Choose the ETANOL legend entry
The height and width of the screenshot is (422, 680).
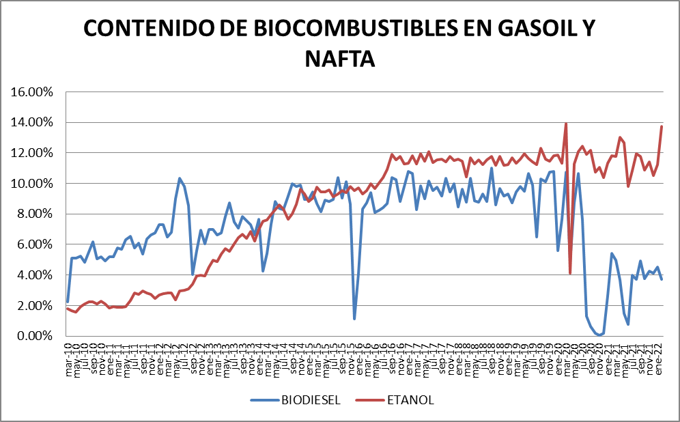pyautogui.click(x=412, y=399)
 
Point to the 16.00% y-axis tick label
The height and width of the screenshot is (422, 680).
pyautogui.click(x=33, y=92)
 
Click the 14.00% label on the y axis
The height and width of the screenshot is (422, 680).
pyautogui.click(x=33, y=123)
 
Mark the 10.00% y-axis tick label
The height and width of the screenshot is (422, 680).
pyautogui.click(x=33, y=184)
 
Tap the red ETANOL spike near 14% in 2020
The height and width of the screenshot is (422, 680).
pyautogui.click(x=565, y=124)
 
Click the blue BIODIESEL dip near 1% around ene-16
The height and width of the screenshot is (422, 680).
pyautogui.click(x=354, y=318)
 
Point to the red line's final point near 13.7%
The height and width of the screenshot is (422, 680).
pyautogui.click(x=662, y=126)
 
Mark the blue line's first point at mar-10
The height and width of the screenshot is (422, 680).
pyautogui.click(x=68, y=301)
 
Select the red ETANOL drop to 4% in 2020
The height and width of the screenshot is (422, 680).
pyautogui.click(x=569, y=273)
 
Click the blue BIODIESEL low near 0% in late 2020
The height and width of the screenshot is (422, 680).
pyautogui.click(x=599, y=335)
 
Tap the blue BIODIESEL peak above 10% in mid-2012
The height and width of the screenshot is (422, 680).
pyautogui.click(x=180, y=178)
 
